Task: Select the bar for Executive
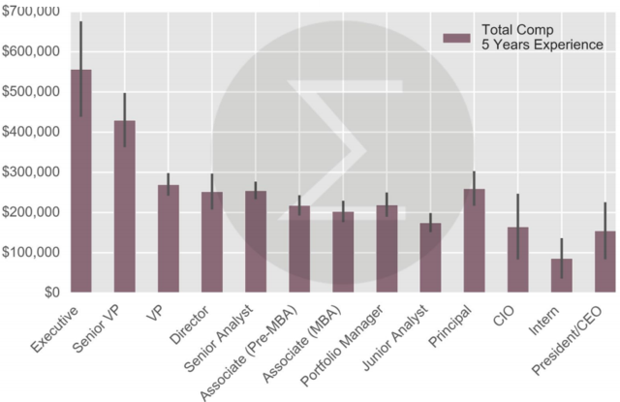click(81, 184)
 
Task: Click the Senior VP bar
click(125, 208)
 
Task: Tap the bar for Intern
click(562, 276)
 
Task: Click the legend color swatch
click(456, 38)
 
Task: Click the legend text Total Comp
click(515, 31)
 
